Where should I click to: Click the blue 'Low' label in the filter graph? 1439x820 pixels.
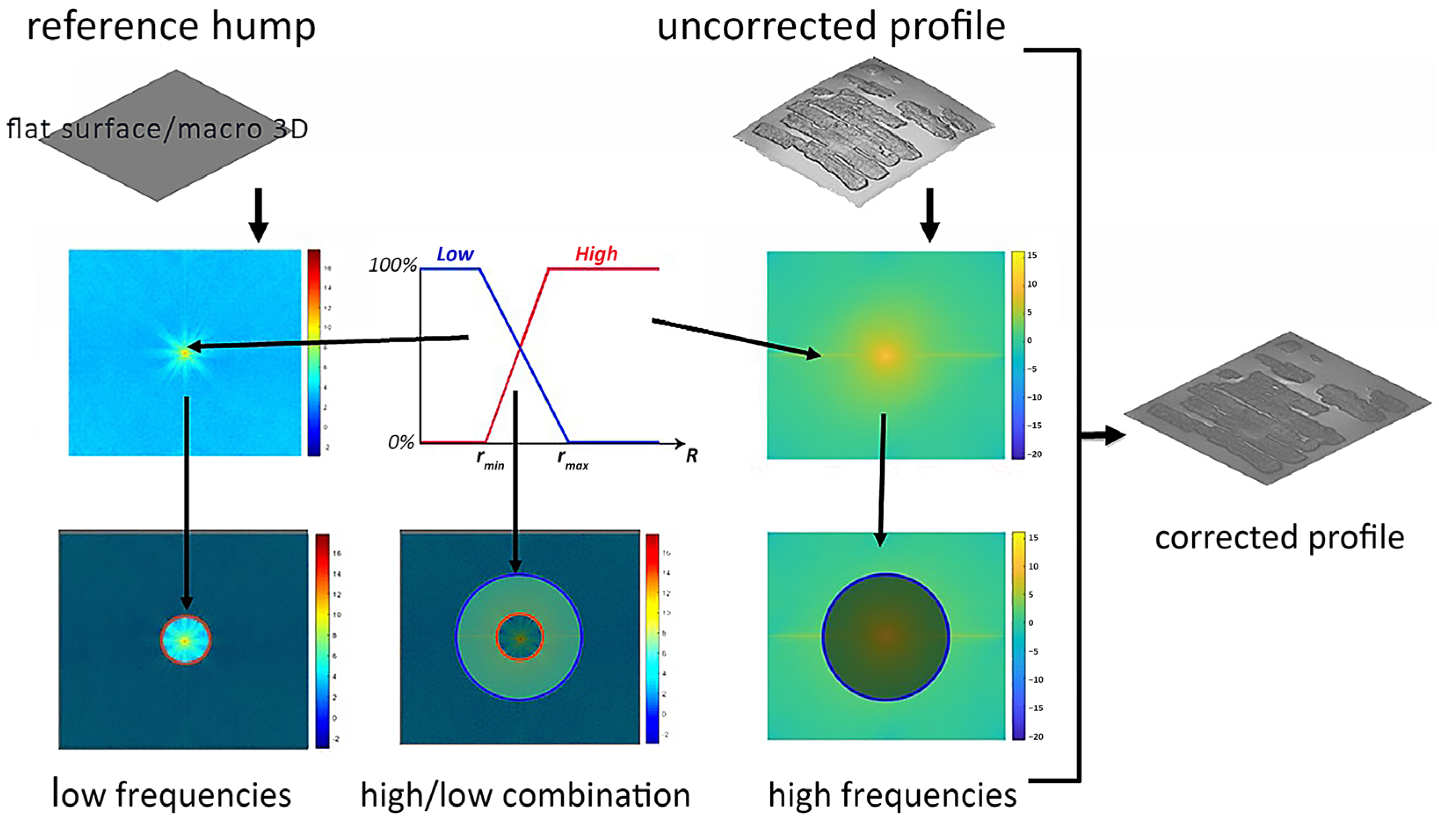[x=455, y=255]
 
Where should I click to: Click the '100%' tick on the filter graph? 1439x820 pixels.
[x=393, y=265]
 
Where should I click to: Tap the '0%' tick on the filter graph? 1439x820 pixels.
[x=401, y=443]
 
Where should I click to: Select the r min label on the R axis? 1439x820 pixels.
[x=490, y=459]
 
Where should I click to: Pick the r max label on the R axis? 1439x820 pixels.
[x=572, y=459]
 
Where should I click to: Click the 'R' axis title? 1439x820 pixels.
[x=692, y=455]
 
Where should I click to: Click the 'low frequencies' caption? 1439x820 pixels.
[x=172, y=794]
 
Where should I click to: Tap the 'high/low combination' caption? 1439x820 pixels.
[x=525, y=795]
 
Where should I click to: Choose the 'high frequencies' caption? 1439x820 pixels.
[x=892, y=795]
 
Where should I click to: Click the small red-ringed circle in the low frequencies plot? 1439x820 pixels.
[x=186, y=640]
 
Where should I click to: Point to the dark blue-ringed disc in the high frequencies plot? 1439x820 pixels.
[x=885, y=636]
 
